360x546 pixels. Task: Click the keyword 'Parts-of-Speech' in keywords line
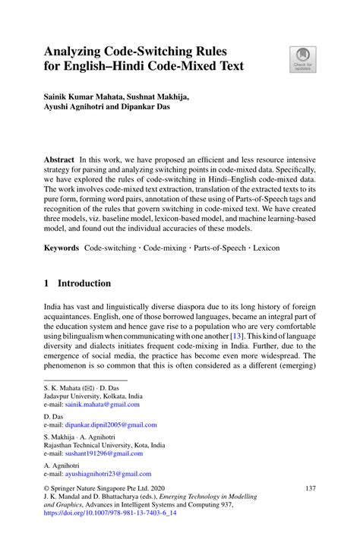(214, 248)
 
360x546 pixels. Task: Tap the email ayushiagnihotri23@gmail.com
(109, 473)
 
